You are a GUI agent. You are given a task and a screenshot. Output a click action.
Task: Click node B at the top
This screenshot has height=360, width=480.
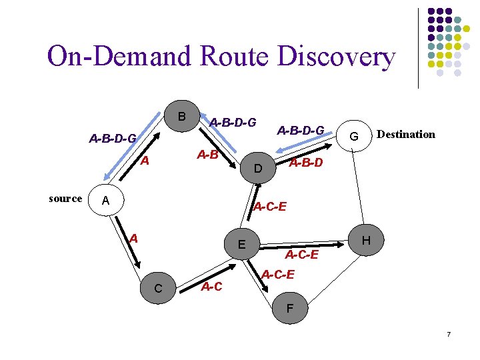[181, 117]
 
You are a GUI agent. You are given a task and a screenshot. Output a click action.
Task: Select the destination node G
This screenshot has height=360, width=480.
[355, 137]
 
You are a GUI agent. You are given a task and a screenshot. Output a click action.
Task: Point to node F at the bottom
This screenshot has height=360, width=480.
[289, 309]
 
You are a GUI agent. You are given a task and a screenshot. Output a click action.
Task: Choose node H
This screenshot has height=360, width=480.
[365, 241]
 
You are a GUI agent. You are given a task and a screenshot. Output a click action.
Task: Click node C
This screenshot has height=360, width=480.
[158, 288]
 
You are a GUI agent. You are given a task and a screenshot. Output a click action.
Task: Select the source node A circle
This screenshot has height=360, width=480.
[104, 200]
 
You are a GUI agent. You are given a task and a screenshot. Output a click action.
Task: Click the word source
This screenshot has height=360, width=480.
[65, 199]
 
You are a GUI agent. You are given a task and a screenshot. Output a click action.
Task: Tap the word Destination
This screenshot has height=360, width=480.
[405, 135]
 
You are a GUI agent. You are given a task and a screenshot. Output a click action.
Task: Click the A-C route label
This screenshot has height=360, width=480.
[211, 287]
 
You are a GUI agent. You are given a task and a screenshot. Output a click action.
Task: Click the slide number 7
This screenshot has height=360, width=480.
[449, 333]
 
